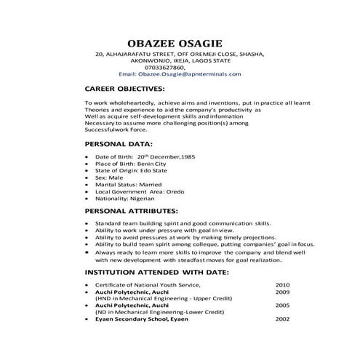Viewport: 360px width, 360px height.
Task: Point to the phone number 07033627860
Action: coord(180,67)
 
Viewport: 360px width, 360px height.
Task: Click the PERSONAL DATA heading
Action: coord(119,144)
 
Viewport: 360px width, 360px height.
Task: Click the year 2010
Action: coord(283,284)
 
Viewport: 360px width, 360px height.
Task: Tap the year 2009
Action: coord(283,292)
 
